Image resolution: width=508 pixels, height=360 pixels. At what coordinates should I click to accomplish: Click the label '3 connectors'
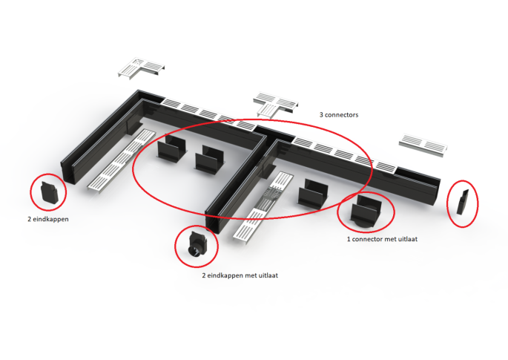coord(339,115)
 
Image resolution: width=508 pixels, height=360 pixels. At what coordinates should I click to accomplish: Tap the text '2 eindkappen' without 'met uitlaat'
coord(48,219)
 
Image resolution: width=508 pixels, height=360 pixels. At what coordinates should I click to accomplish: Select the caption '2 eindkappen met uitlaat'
coord(240,275)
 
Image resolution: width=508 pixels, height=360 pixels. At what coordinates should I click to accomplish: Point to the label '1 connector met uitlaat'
coord(382,239)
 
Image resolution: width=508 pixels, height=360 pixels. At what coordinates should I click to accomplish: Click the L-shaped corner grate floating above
coord(141,68)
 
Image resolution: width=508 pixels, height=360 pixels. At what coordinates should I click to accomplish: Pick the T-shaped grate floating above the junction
coord(276,104)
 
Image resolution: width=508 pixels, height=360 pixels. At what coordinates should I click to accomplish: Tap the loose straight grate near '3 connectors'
coord(423,145)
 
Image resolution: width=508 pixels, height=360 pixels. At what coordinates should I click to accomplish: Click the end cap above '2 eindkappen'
coord(49,193)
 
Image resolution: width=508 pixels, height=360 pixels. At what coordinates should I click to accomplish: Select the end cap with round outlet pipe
coord(197,246)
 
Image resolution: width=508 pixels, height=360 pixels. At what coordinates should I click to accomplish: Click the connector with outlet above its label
coord(366,212)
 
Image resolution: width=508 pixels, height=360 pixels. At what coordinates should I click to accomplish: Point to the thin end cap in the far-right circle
coord(462,202)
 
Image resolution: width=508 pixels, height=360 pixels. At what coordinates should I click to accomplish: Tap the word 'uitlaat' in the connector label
coord(407,239)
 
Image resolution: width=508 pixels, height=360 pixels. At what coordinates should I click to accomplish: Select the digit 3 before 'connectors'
coord(321,115)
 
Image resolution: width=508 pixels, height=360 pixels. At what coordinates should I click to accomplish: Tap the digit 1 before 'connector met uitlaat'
coord(349,239)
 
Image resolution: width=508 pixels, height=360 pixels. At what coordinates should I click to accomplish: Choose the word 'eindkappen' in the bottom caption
coord(225,276)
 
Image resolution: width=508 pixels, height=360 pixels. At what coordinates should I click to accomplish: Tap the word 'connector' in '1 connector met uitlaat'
coord(367,239)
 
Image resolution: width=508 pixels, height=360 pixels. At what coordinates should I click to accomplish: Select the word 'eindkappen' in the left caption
coord(50,219)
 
